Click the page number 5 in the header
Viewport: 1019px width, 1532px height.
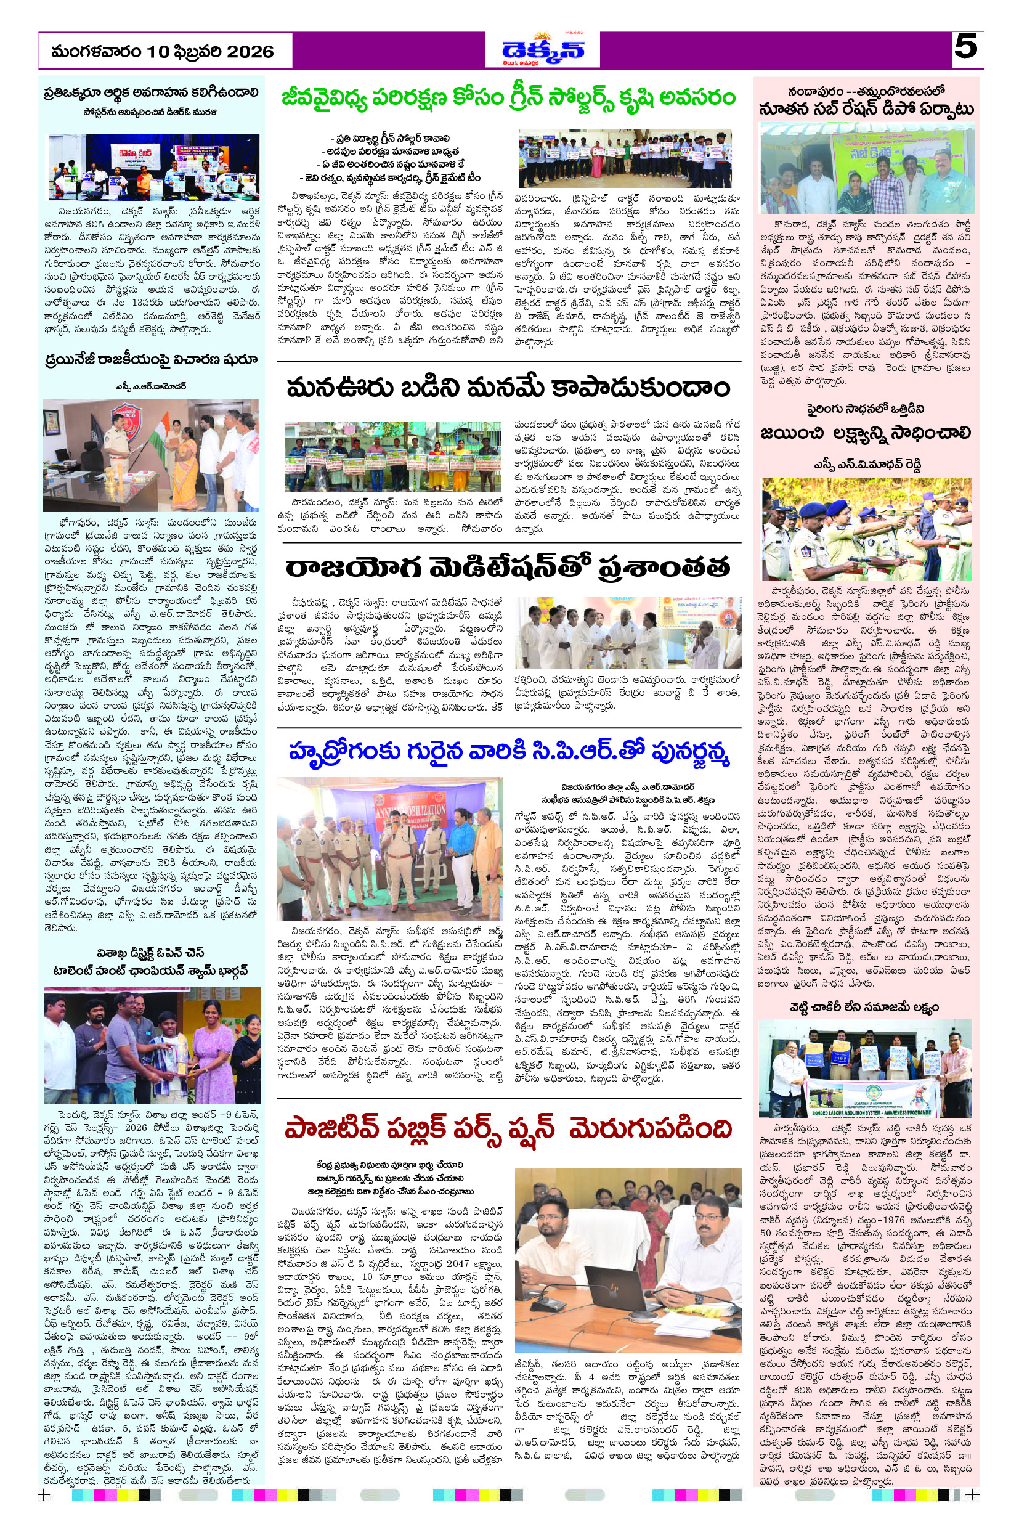pyautogui.click(x=967, y=47)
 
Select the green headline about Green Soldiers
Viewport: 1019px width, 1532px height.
pyautogui.click(x=508, y=98)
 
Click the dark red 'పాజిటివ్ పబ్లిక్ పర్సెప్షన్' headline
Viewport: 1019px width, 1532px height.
pyautogui.click(x=508, y=1130)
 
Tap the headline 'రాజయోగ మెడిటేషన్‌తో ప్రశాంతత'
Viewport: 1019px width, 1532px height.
pyautogui.click(x=508, y=568)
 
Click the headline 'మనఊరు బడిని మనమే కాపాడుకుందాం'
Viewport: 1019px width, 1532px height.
pyautogui.click(x=508, y=388)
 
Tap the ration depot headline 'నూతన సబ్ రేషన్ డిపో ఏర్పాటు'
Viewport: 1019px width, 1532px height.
pyautogui.click(x=866, y=109)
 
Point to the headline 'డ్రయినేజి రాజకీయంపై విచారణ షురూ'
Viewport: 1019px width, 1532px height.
pyautogui.click(x=152, y=359)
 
